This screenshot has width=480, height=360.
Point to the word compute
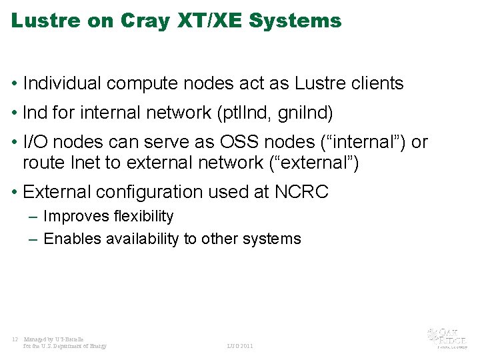[x=142, y=83]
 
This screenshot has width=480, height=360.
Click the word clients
[x=377, y=83]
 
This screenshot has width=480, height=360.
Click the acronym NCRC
[x=301, y=192]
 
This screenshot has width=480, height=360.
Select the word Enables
[x=70, y=239]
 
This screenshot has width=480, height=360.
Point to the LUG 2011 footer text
[x=240, y=346]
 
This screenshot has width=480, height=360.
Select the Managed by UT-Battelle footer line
[x=54, y=339]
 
